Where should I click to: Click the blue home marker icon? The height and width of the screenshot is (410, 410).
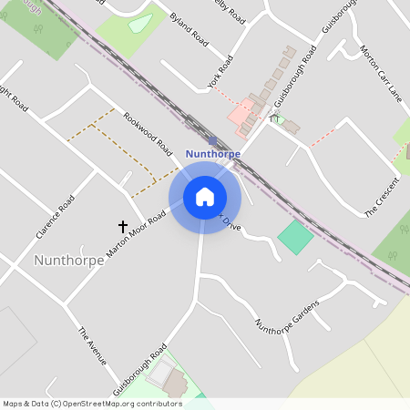click(204, 197)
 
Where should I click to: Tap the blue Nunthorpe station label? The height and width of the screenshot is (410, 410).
click(212, 154)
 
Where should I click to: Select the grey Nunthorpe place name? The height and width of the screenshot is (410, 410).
click(64, 261)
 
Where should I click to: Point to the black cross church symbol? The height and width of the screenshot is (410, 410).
click(122, 225)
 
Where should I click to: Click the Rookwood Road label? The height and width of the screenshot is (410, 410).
click(148, 133)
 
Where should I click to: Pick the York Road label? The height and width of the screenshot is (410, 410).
click(220, 71)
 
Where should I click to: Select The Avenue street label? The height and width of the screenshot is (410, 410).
click(93, 346)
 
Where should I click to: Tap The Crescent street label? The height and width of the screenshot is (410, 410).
click(383, 198)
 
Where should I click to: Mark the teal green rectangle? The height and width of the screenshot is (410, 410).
click(294, 238)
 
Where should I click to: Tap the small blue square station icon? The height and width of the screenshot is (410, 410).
click(212, 140)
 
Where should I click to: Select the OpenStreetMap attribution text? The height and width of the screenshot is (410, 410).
click(92, 404)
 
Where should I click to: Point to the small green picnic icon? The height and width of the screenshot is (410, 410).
click(273, 118)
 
